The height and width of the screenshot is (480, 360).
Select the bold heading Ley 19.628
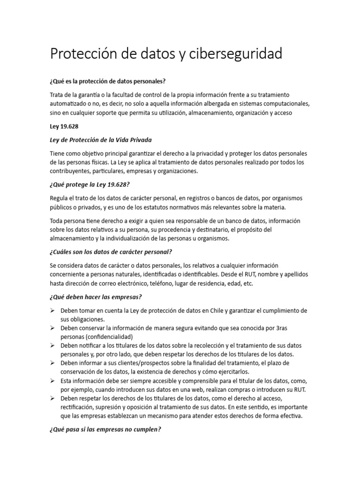tap(62, 127)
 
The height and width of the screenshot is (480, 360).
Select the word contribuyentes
tap(73, 171)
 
